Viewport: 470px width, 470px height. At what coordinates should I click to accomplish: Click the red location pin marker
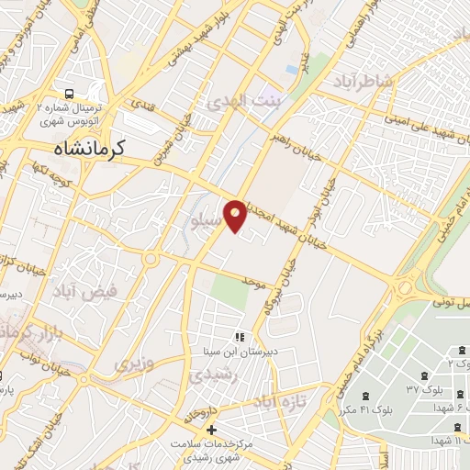coord(236,215)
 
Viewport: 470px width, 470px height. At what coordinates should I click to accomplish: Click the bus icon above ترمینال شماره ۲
coord(71,94)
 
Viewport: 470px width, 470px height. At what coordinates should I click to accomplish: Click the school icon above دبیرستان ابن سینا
coord(241,337)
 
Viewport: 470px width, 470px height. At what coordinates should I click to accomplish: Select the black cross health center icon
coord(212,430)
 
